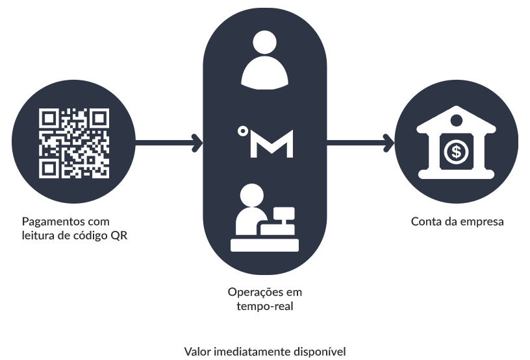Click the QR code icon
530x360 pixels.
click(x=73, y=143)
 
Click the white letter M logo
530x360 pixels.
click(x=272, y=143)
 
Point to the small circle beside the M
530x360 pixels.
click(x=242, y=132)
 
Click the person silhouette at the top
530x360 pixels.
click(x=264, y=61)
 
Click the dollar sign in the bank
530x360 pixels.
click(x=457, y=153)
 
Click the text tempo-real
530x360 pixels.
click(x=264, y=306)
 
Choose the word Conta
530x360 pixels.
click(x=425, y=221)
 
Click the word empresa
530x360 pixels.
click(x=482, y=222)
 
